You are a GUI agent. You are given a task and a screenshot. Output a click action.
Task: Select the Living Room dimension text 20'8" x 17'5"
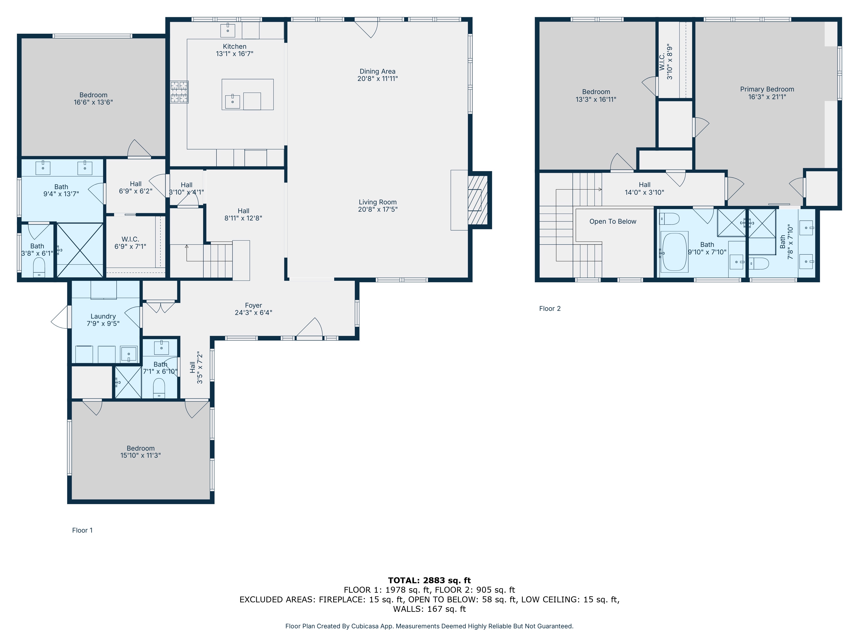[x=378, y=210]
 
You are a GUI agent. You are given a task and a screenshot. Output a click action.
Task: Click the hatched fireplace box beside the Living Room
[x=478, y=200]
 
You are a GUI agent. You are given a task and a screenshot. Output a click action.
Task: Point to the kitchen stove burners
[x=179, y=92]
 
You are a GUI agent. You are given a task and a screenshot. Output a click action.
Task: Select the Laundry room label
[x=103, y=316]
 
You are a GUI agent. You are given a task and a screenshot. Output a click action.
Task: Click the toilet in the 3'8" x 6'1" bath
[x=39, y=267]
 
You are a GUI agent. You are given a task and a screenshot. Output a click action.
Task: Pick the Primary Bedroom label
[x=767, y=89]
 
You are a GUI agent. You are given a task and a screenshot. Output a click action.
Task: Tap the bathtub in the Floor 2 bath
[x=674, y=252]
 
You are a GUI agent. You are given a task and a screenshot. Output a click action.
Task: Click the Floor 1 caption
[x=82, y=530]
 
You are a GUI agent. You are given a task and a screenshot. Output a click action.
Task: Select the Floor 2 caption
[x=550, y=309]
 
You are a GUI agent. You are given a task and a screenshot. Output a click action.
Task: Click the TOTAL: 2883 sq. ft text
[x=429, y=580]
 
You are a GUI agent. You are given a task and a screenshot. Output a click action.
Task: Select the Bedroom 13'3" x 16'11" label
[x=596, y=96]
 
